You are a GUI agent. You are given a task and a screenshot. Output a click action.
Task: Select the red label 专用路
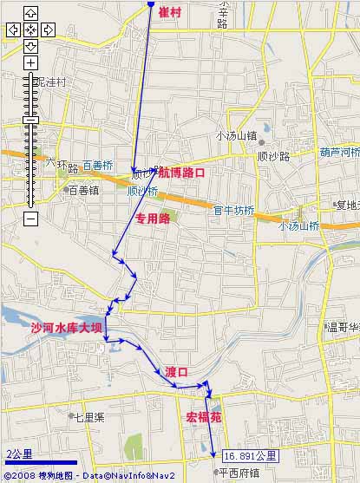coord(153,219)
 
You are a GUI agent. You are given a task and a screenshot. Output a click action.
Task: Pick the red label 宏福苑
coord(204,417)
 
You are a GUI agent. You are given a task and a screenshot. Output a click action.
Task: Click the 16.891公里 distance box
coord(250,455)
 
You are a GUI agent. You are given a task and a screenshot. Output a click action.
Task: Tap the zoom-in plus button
coord(30,63)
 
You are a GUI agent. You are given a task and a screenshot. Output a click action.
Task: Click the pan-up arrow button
coord(30,13)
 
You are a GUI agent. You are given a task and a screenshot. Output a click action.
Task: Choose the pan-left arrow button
coord(13,29)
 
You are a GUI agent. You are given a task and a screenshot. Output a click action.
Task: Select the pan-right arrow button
coord(48,29)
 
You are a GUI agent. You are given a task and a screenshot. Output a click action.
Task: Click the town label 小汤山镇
coord(236,135)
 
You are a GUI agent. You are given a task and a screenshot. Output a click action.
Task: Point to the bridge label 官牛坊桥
coord(234,210)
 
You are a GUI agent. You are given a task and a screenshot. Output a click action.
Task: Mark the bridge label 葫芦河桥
coord(339,152)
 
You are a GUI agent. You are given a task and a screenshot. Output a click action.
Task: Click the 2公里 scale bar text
coord(19,454)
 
